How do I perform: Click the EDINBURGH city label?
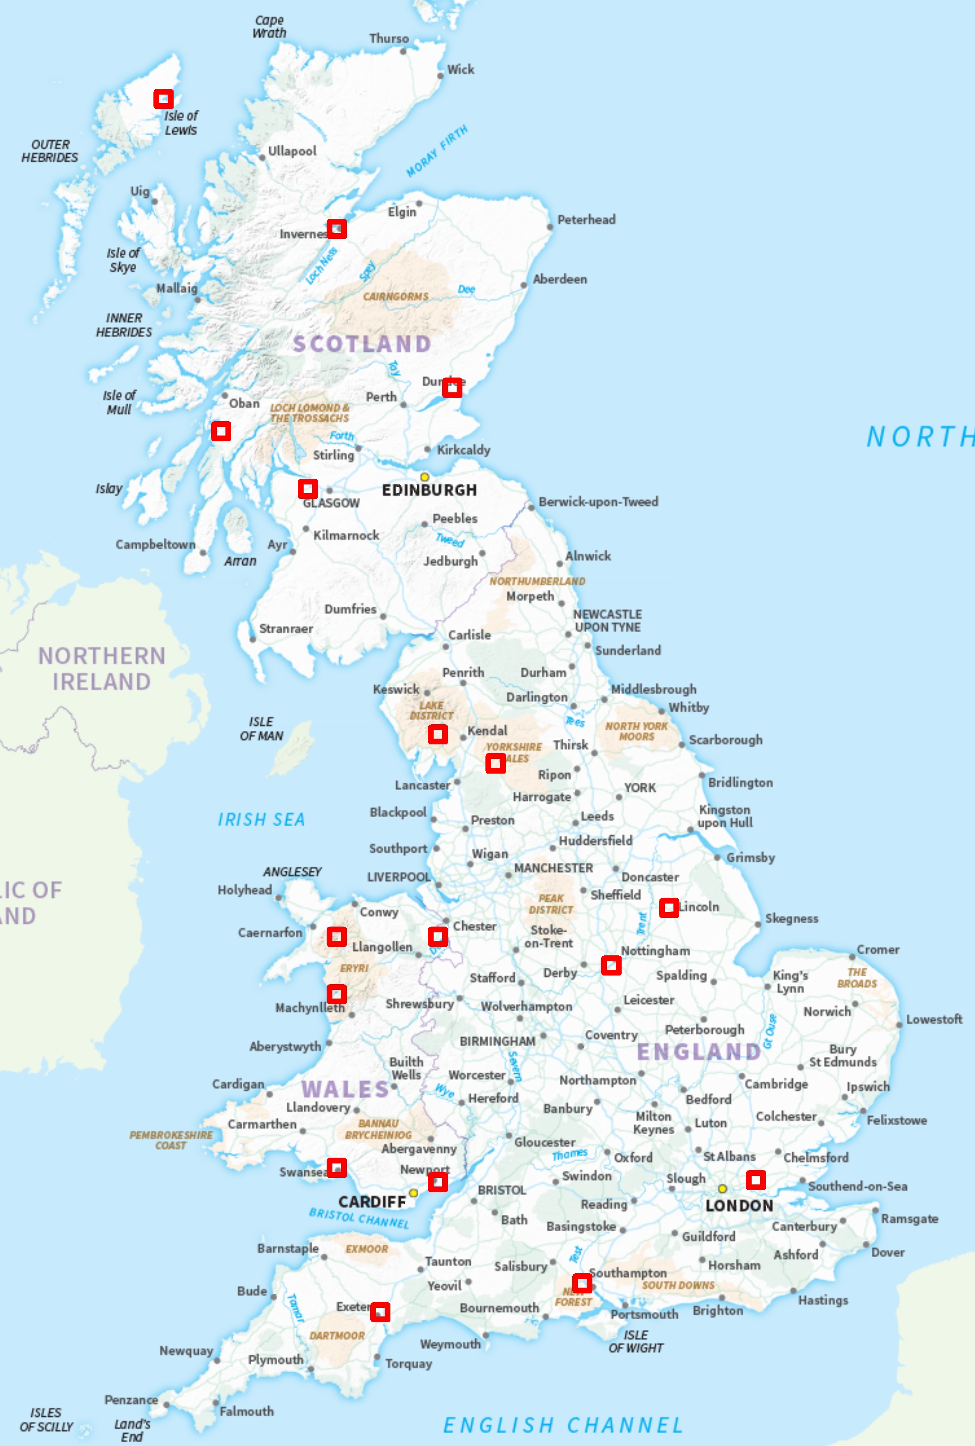(x=429, y=490)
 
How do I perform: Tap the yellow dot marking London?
(x=722, y=1188)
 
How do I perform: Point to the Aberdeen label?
(x=559, y=279)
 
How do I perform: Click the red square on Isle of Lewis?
(x=164, y=98)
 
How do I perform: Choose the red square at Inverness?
(x=337, y=228)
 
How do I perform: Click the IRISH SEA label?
(x=261, y=819)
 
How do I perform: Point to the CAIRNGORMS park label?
(x=395, y=297)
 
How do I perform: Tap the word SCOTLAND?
(x=362, y=344)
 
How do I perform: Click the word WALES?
(x=345, y=1089)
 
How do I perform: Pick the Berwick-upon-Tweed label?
(x=598, y=502)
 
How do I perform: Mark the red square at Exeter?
(x=380, y=1312)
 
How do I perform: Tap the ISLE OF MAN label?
(x=261, y=729)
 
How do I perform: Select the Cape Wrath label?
(x=269, y=27)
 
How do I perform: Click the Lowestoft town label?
(x=933, y=1019)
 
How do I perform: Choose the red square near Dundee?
(x=451, y=387)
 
